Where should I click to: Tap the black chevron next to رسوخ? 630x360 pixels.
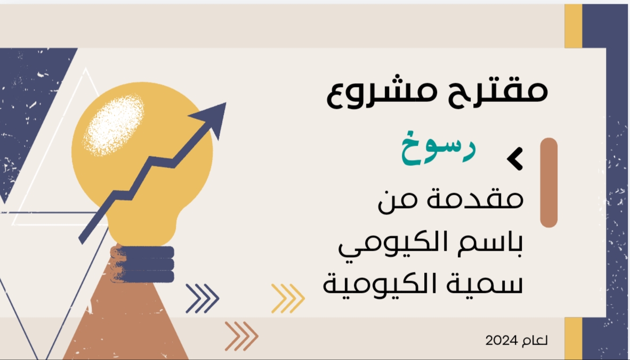point(515,158)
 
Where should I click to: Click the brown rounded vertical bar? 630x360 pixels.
point(549,182)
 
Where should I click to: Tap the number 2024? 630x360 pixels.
point(502,341)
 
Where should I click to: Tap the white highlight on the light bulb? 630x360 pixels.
point(114,125)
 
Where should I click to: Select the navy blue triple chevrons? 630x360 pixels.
point(203,299)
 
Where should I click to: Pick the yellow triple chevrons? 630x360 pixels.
point(288,299)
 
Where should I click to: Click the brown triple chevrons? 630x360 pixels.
point(241,336)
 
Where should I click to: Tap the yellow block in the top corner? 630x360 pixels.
point(574,26)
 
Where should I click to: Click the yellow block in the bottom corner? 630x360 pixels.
point(574,338)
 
